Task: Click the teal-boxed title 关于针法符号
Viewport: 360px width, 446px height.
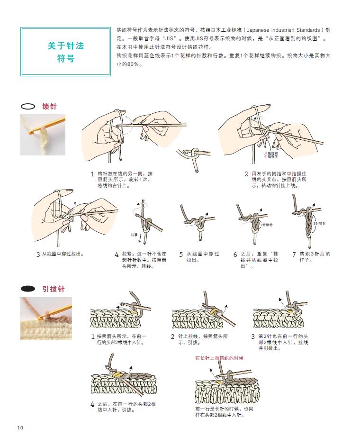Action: (66, 52)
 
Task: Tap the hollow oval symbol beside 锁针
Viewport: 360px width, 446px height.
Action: (28, 107)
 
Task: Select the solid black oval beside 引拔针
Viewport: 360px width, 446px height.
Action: (28, 288)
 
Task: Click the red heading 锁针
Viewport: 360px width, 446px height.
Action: (49, 107)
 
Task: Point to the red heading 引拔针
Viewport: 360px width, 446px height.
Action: (53, 289)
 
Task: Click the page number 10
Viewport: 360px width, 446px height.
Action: (20, 428)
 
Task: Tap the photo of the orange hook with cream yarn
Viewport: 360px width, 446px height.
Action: (43, 135)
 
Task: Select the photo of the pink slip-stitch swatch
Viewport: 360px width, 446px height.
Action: (46, 318)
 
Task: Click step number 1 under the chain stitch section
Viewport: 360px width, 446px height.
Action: (92, 174)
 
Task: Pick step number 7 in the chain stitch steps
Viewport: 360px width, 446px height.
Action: (294, 255)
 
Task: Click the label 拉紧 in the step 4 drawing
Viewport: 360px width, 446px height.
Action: (134, 235)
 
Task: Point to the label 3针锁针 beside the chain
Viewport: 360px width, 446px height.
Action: (320, 223)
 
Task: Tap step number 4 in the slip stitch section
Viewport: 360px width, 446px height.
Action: (92, 404)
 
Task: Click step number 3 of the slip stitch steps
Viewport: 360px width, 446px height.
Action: (253, 337)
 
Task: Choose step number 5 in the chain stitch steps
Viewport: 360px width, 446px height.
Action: (181, 255)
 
